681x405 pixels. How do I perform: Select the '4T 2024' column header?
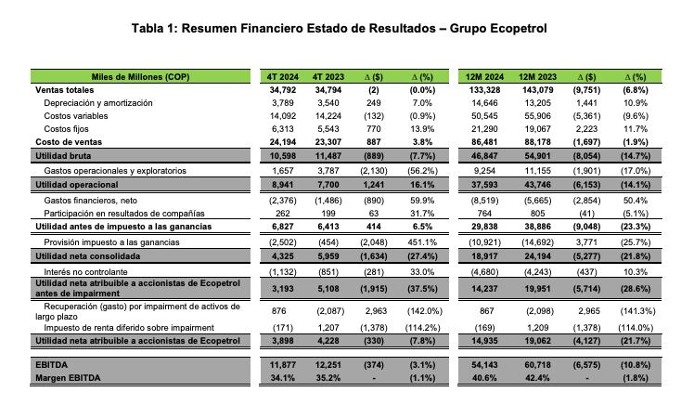281,76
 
